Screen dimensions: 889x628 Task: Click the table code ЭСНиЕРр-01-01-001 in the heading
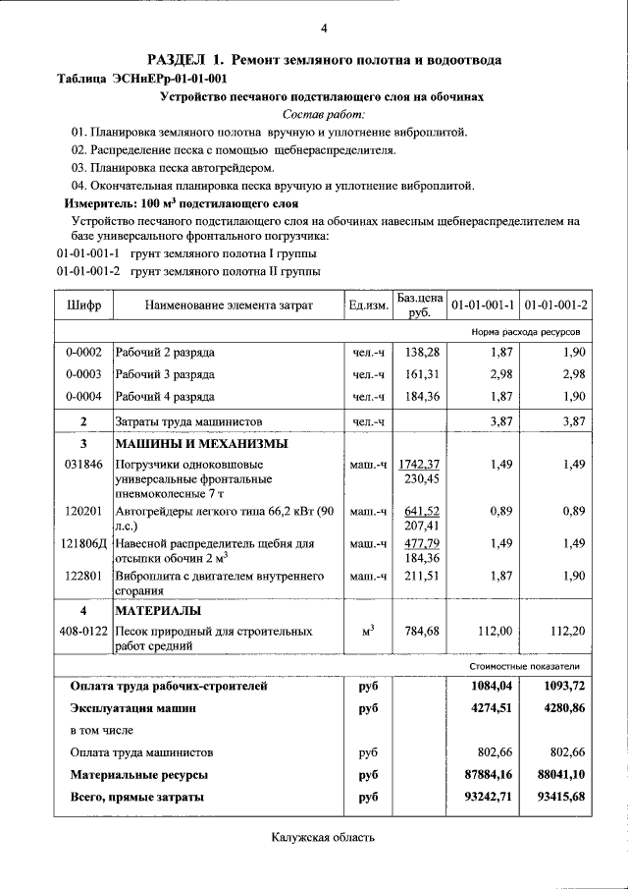pyautogui.click(x=170, y=79)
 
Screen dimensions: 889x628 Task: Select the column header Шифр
pyautogui.click(x=83, y=306)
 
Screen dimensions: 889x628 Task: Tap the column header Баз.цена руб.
pyautogui.click(x=419, y=305)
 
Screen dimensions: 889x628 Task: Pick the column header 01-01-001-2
pyautogui.click(x=555, y=306)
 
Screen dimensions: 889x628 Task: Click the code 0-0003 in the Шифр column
pyautogui.click(x=83, y=374)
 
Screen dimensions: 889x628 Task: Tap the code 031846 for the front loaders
pyautogui.click(x=83, y=464)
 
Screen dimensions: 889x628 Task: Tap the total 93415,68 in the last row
pyautogui.click(x=557, y=797)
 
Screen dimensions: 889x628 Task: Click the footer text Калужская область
pyautogui.click(x=323, y=837)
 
